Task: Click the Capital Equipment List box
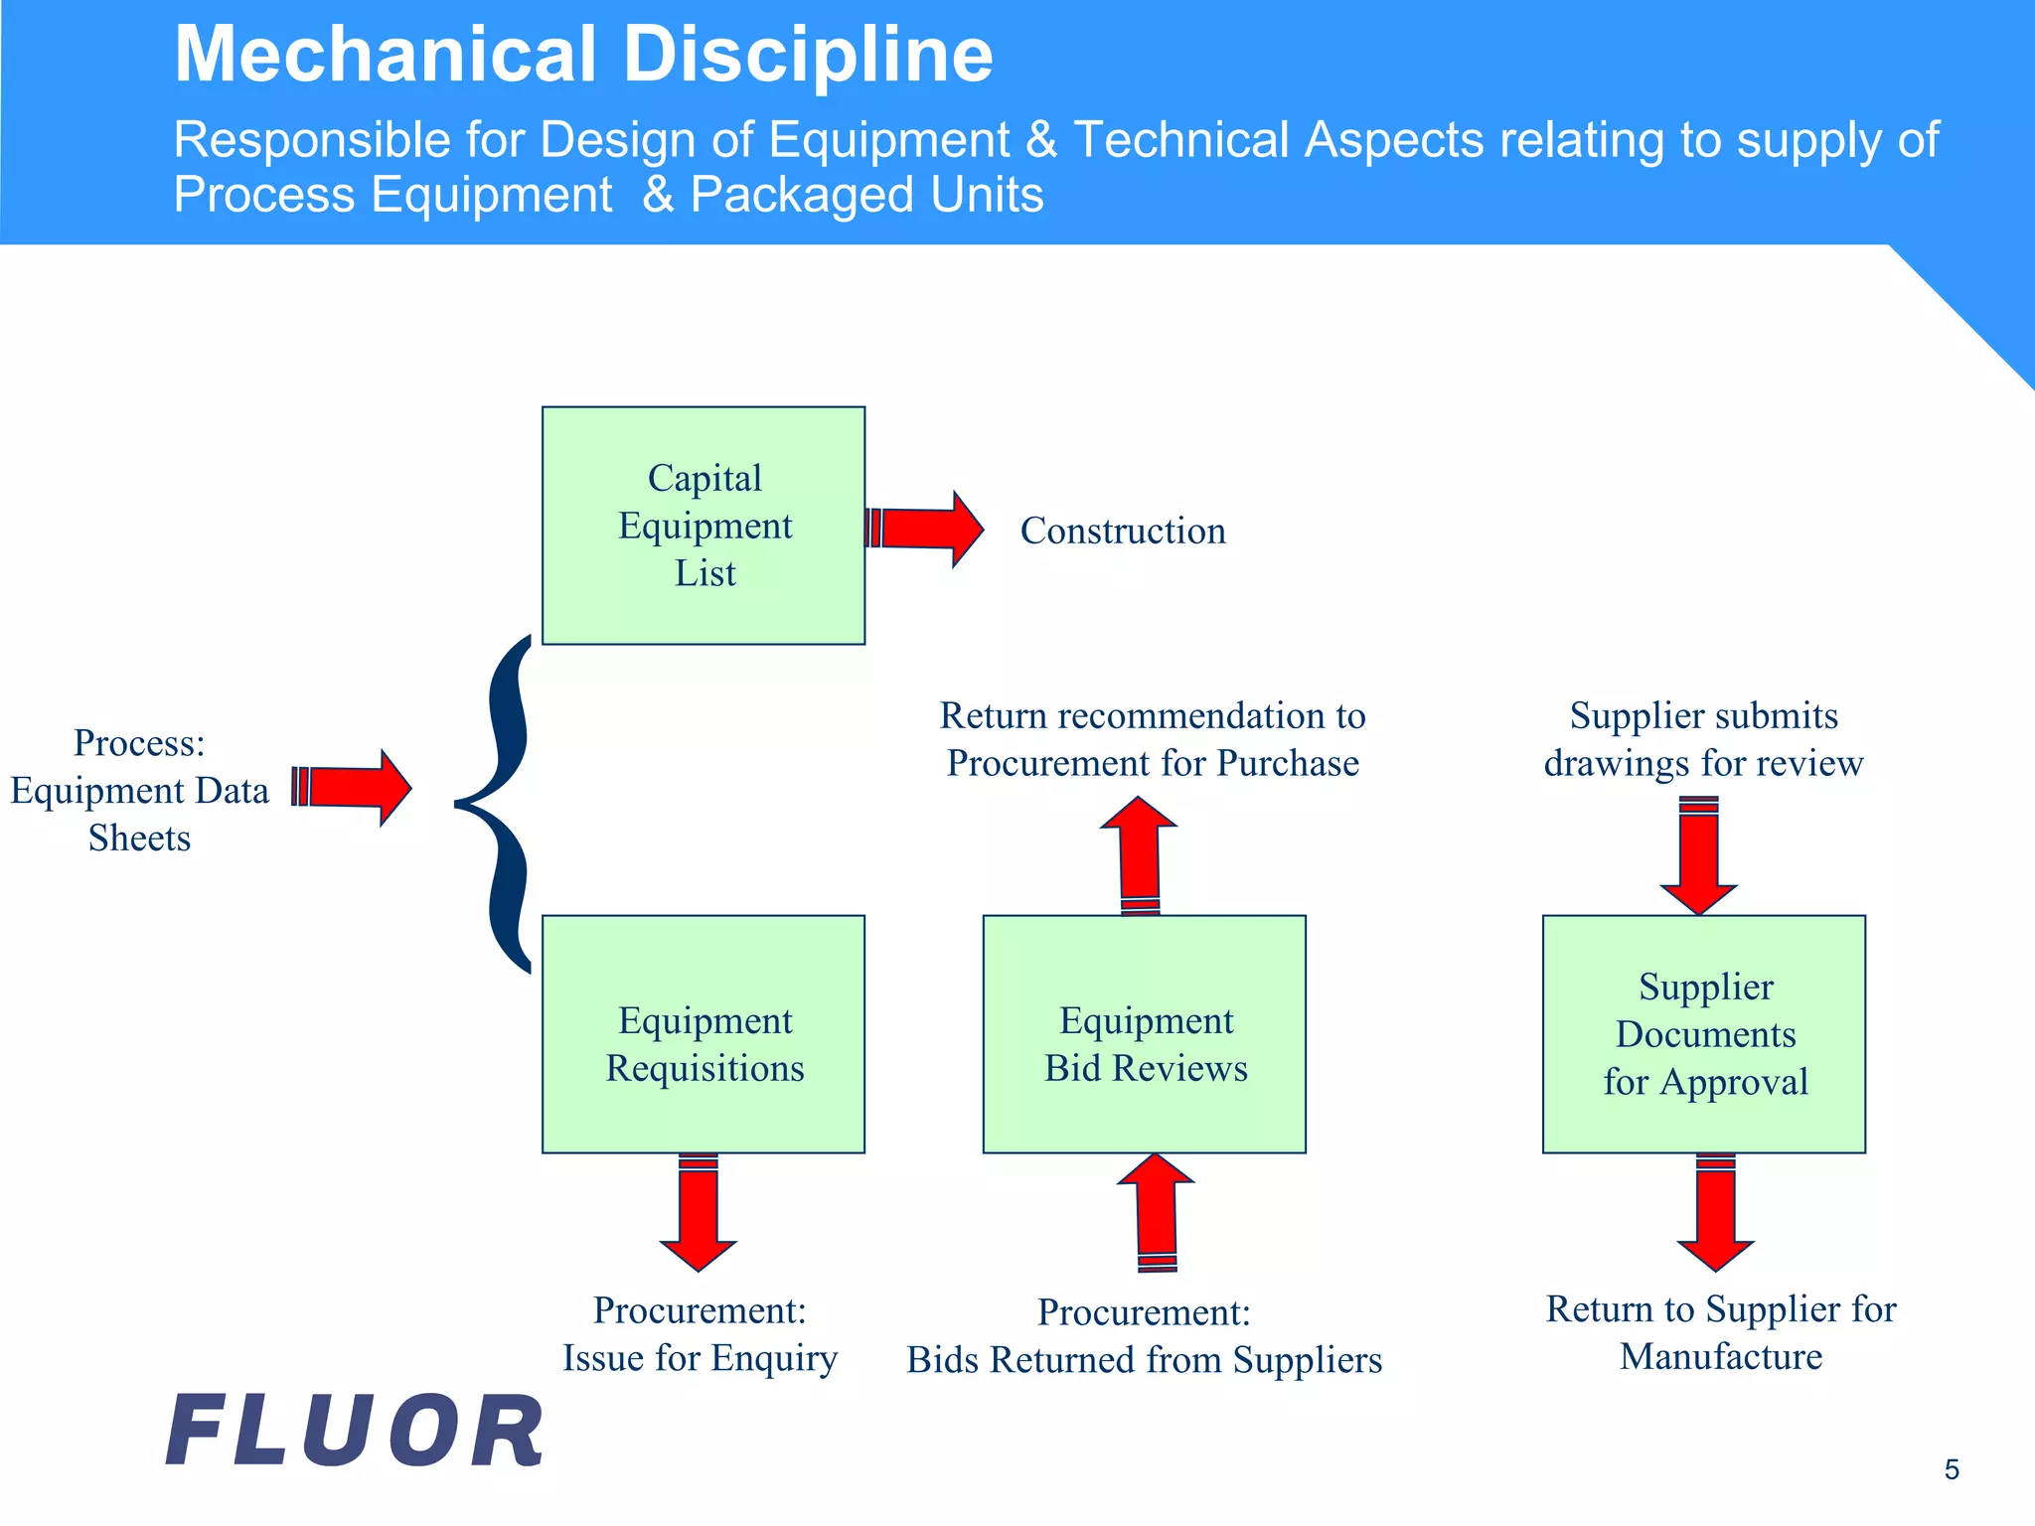[704, 526]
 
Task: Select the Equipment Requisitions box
[704, 1034]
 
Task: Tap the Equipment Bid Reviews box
[1144, 1034]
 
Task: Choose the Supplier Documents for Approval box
[1703, 1034]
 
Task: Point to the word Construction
[1123, 531]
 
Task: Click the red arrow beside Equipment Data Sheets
[354, 788]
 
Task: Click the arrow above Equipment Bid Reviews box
[1140, 854]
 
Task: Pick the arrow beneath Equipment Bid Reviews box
[1156, 1212]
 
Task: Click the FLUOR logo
[355, 1431]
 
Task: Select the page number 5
[1952, 1469]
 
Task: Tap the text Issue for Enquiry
[700, 1357]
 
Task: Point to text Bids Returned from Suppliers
[1144, 1359]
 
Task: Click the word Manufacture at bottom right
[1721, 1356]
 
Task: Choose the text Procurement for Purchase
[1153, 763]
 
